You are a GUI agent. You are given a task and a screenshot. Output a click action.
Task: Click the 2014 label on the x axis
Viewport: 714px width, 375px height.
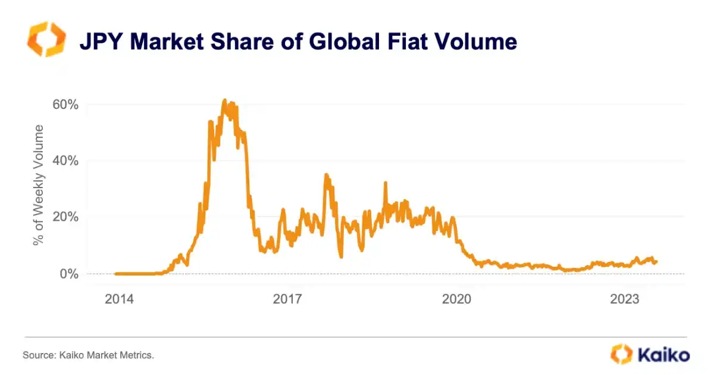tap(120, 299)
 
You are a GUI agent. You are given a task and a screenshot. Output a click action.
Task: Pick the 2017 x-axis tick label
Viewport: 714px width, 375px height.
tap(289, 299)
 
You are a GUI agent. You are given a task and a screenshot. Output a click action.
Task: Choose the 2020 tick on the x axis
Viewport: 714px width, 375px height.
tap(457, 299)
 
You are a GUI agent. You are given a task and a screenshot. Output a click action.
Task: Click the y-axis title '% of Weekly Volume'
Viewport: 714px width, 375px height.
tap(39, 185)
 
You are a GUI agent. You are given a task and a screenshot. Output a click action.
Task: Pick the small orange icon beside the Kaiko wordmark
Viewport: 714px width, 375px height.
tap(621, 354)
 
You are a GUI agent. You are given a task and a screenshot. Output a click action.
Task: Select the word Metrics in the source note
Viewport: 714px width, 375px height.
tap(136, 355)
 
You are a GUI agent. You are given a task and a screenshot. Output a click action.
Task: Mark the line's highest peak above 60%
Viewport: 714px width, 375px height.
tap(224, 100)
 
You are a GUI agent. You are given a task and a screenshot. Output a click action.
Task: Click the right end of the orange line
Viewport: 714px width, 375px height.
tap(656, 261)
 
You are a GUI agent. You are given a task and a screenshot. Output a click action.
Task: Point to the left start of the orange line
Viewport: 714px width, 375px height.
tap(115, 274)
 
